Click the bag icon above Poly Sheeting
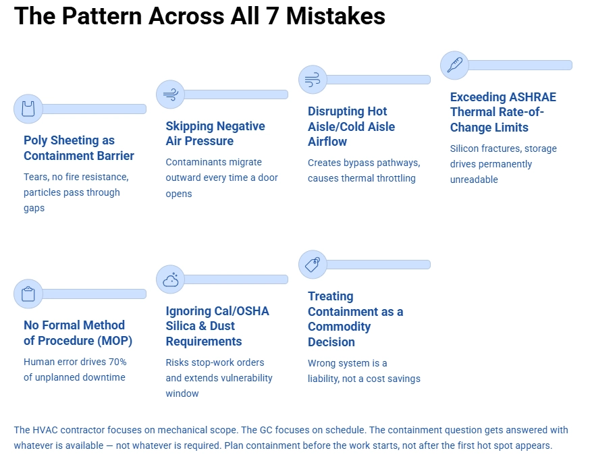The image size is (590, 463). coord(28,109)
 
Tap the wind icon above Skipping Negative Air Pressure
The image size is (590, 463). coord(170,94)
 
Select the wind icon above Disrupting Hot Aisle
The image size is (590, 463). coord(313,80)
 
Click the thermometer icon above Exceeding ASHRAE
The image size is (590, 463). coord(454,65)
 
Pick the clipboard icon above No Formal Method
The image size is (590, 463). coord(28,294)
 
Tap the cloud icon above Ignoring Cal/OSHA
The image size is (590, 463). coord(170,279)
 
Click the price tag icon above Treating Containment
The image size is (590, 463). coord(313,265)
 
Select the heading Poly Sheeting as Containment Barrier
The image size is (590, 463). coord(78,148)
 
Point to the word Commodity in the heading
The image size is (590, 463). coord(339,327)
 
